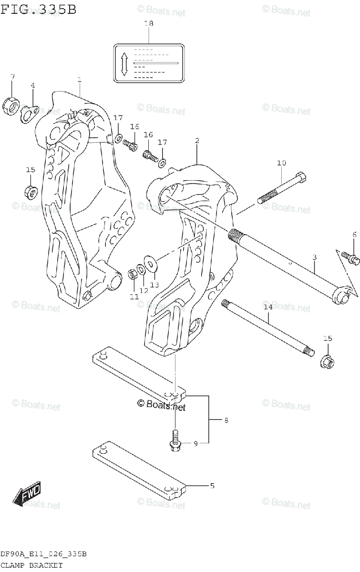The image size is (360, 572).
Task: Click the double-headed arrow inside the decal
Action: (124, 63)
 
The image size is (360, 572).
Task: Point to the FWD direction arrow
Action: (28, 493)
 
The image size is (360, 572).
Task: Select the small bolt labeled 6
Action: (352, 257)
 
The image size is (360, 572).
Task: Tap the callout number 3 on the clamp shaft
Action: (314, 258)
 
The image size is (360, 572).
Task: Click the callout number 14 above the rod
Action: (268, 307)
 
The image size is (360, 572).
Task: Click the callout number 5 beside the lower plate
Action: (212, 486)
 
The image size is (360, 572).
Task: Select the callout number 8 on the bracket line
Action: (226, 420)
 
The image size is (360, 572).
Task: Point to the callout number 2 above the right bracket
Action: (197, 141)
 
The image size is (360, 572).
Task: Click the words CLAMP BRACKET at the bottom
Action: (32, 565)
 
